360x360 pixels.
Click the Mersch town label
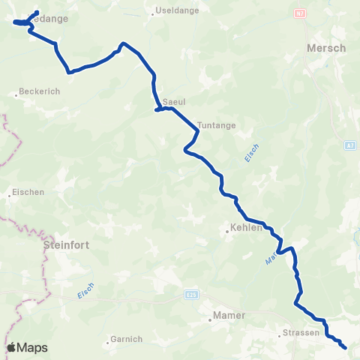tap(326, 48)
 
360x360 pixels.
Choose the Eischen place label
tap(28, 192)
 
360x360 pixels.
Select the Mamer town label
tap(229, 316)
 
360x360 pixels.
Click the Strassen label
tap(302, 332)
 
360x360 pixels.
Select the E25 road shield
tap(192, 296)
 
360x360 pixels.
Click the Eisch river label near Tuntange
tap(251, 152)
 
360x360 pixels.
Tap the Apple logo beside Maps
tap(12, 348)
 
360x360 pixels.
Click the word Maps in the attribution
tap(33, 348)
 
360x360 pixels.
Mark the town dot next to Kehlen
tap(227, 232)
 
